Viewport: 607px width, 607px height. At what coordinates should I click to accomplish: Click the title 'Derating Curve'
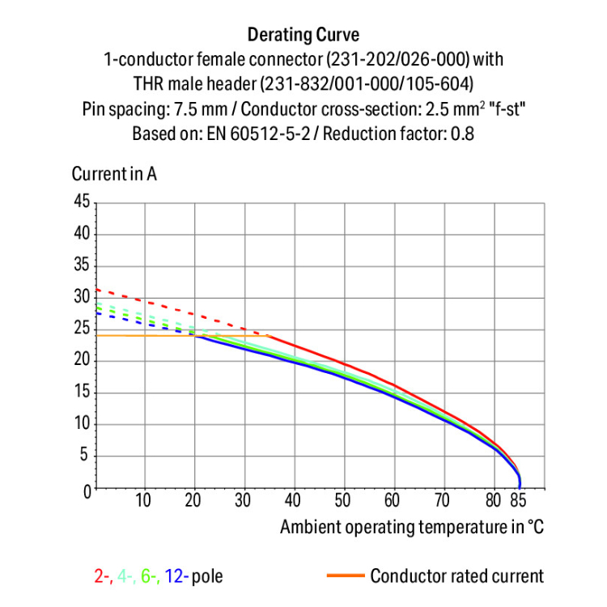[303, 35]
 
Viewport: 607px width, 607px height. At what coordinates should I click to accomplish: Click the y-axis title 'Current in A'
[114, 173]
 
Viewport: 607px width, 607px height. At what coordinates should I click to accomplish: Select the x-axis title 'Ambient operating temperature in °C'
[412, 527]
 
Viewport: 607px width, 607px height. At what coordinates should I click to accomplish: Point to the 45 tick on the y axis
[81, 202]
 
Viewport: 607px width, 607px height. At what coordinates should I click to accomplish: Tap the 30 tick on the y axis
[81, 297]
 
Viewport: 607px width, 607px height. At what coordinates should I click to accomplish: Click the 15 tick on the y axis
[81, 393]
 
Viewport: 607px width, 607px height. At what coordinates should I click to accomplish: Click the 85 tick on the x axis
[519, 500]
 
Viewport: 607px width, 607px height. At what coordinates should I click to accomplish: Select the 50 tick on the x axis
[343, 500]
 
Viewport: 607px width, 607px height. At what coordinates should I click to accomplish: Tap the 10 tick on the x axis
[144, 500]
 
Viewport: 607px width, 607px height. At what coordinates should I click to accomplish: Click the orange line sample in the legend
[344, 576]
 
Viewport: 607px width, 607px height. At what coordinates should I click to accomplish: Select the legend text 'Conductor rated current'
[457, 576]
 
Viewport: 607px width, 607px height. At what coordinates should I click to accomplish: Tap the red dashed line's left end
[98, 289]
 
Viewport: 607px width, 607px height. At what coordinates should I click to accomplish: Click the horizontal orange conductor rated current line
[162, 334]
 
